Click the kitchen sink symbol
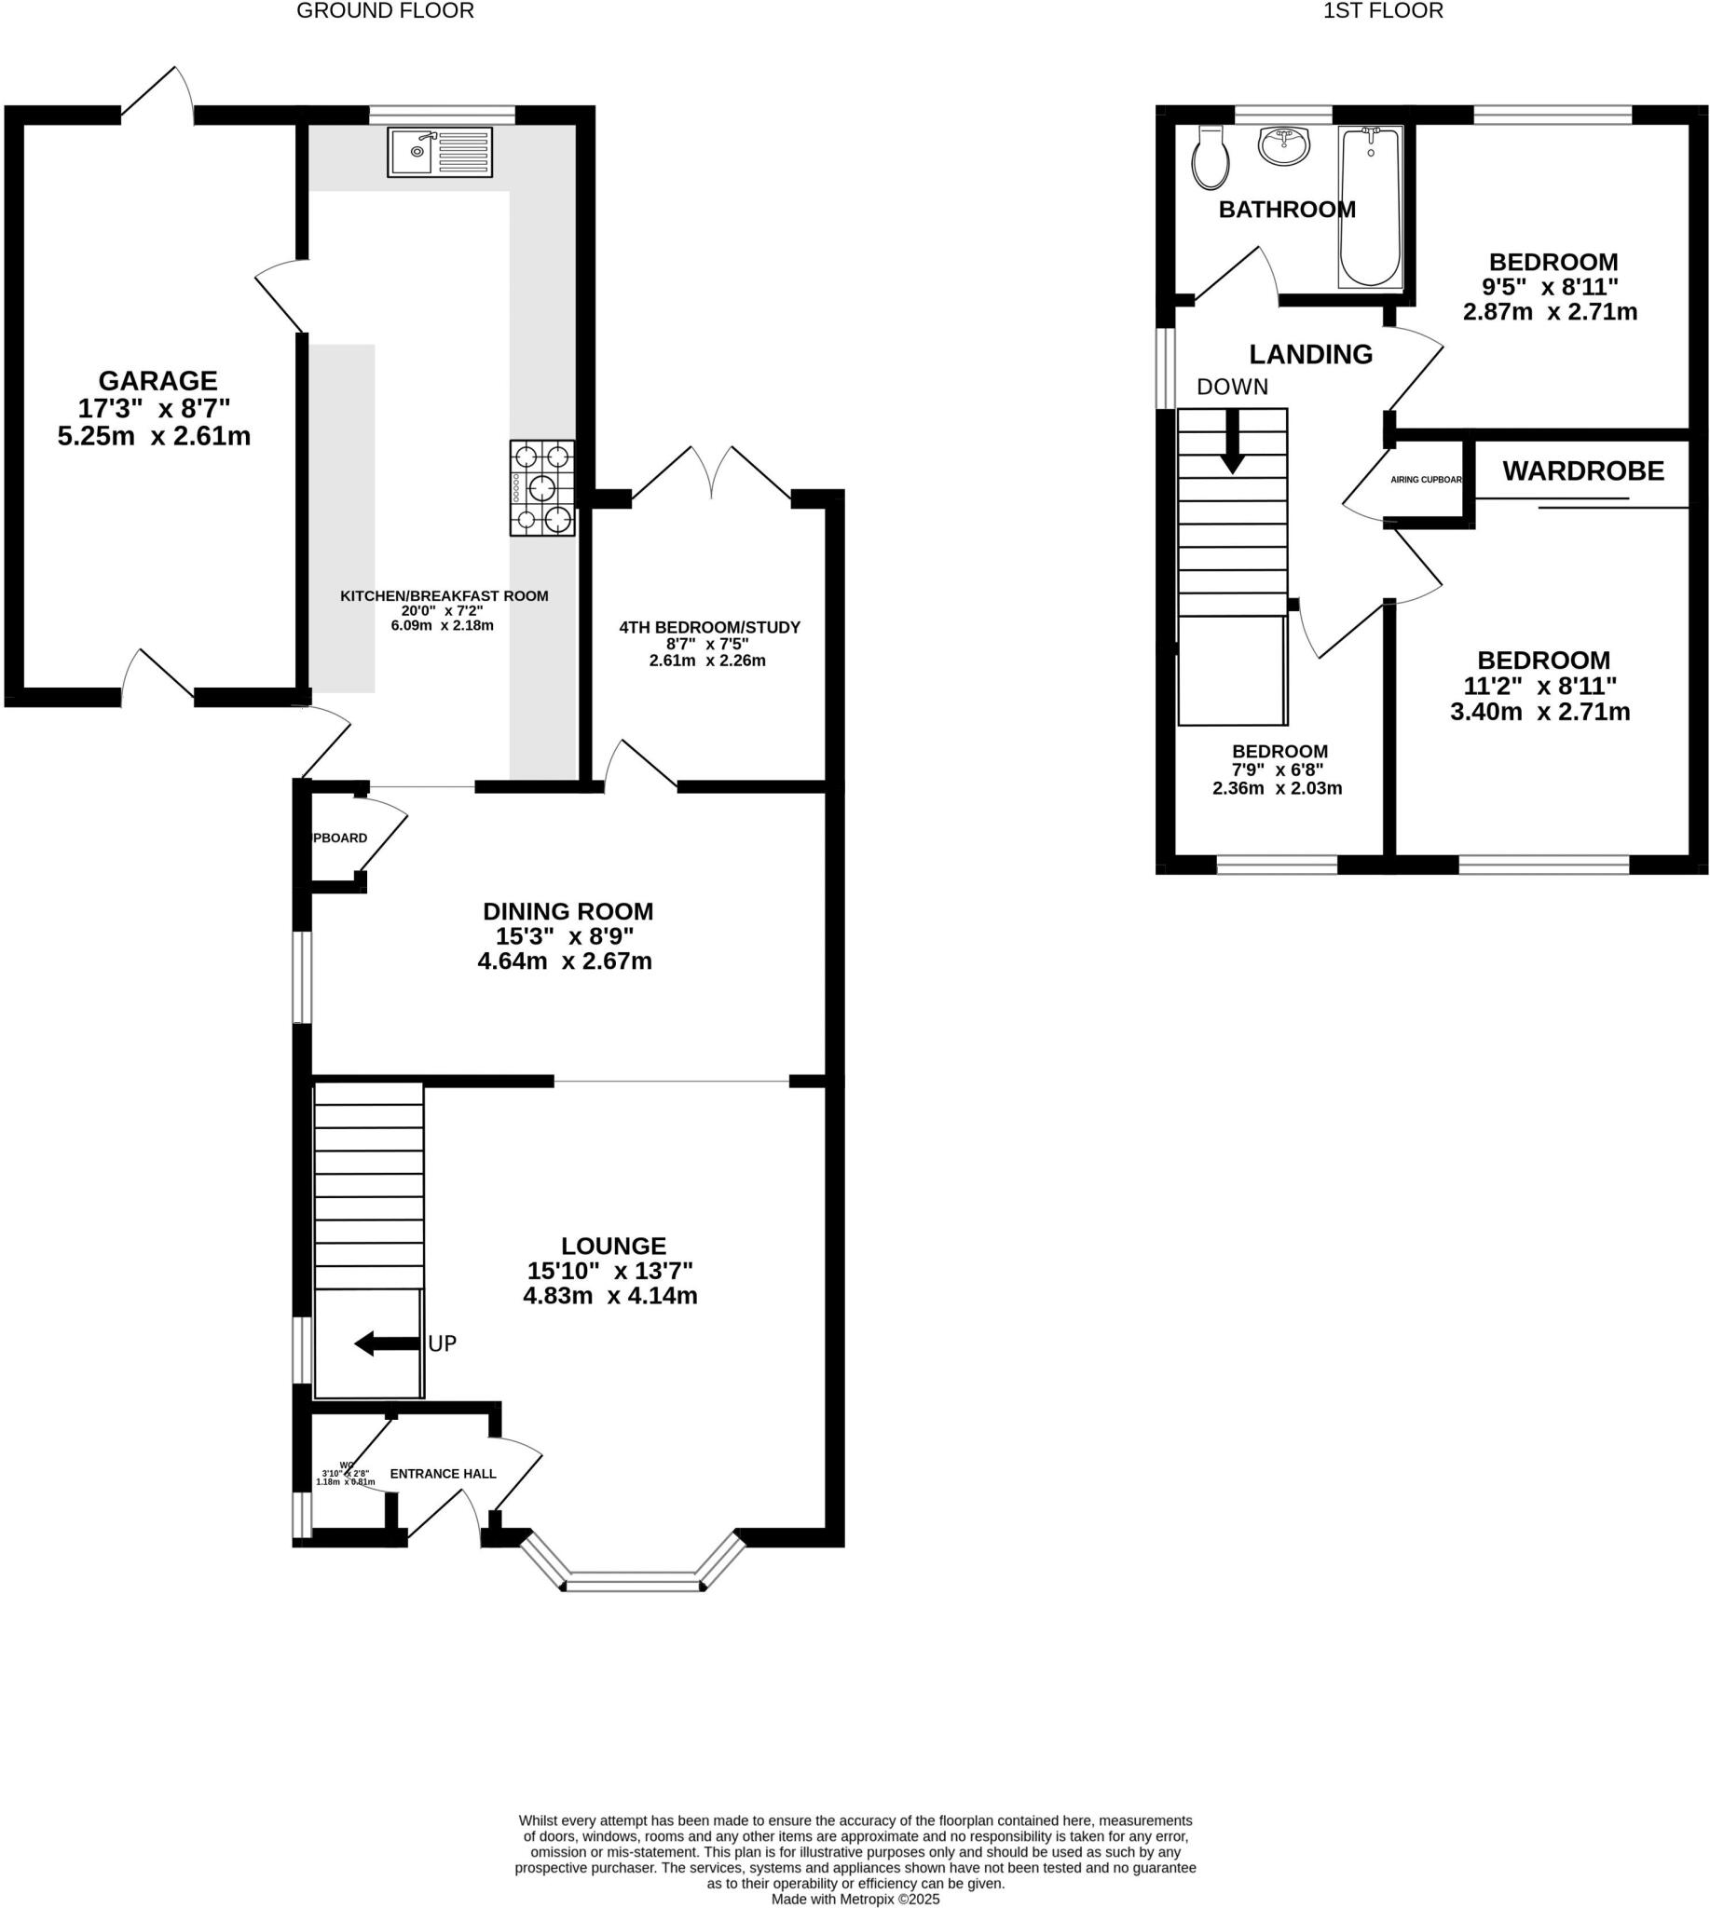[x=439, y=151]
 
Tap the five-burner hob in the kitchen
[x=542, y=488]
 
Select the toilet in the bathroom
[x=1211, y=157]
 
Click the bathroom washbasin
[x=1283, y=145]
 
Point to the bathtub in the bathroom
[x=1370, y=207]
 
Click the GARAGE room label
[x=157, y=380]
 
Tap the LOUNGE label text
[x=613, y=1246]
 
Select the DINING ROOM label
[x=568, y=911]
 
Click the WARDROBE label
[x=1583, y=470]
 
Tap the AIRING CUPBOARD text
[x=1426, y=479]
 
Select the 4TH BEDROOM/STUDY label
[x=709, y=628]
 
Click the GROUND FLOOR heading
[x=385, y=11]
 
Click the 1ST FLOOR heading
[x=1383, y=11]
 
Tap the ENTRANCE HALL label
[x=443, y=1474]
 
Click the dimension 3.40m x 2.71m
[x=1540, y=712]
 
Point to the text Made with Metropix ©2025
[x=855, y=1899]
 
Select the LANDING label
[x=1310, y=354]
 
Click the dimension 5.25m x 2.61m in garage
[x=154, y=437]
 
